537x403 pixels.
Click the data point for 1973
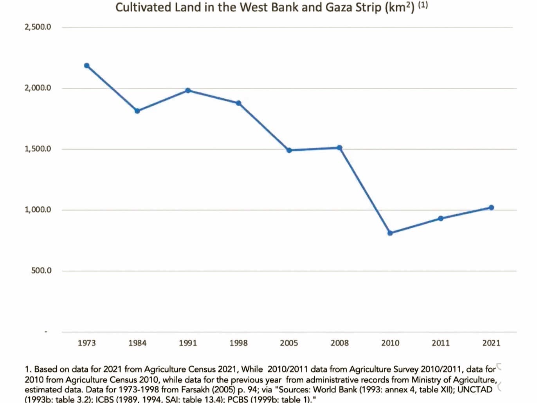coord(87,66)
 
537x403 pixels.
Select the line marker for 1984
coord(137,111)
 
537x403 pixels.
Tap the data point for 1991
coord(188,90)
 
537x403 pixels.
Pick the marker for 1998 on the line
coord(238,103)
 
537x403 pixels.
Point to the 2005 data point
coord(289,150)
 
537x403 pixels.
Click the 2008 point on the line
coord(340,148)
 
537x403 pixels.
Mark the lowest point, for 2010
coord(390,233)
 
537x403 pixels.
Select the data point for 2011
coord(441,219)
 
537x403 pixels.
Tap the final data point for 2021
coord(492,208)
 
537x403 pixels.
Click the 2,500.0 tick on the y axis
coord(38,27)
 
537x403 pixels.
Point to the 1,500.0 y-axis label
coord(38,149)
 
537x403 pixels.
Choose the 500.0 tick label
coord(41,271)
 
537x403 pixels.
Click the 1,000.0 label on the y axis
coord(38,210)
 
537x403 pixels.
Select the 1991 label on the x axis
coord(188,343)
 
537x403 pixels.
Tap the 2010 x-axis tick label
coord(390,343)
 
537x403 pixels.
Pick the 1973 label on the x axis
coord(86,343)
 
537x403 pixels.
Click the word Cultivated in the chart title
coord(143,7)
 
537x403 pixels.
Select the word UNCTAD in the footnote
coord(475,390)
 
